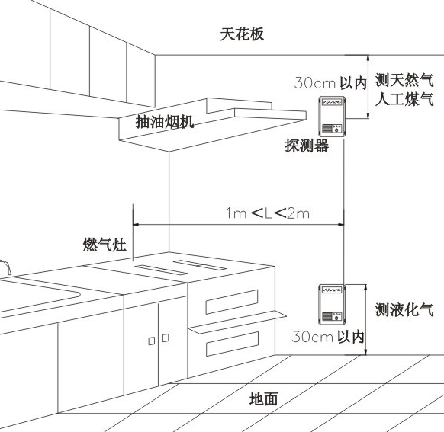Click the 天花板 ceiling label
click(x=242, y=34)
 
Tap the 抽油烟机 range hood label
click(x=165, y=122)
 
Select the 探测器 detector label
click(x=307, y=146)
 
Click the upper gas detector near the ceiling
click(x=332, y=117)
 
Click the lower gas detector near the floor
click(x=332, y=304)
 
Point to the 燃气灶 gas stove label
click(x=105, y=245)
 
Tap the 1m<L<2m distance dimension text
click(x=268, y=213)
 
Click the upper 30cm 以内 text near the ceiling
click(x=330, y=83)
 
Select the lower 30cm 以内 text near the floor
click(x=328, y=337)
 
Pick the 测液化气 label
click(x=404, y=309)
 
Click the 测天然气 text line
click(x=404, y=80)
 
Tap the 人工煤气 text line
click(x=404, y=99)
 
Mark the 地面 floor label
click(x=263, y=398)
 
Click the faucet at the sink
click(x=5, y=267)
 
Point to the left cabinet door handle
click(x=152, y=341)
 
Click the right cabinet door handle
click(x=166, y=338)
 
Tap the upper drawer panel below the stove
click(x=232, y=302)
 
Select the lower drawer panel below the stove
click(x=232, y=344)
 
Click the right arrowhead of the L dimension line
click(x=341, y=225)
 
